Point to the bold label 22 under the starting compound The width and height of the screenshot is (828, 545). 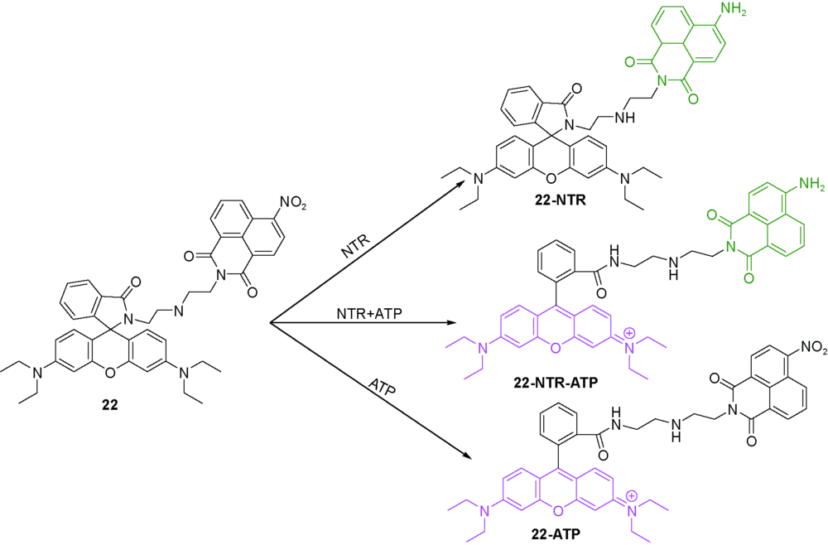(x=110, y=405)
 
